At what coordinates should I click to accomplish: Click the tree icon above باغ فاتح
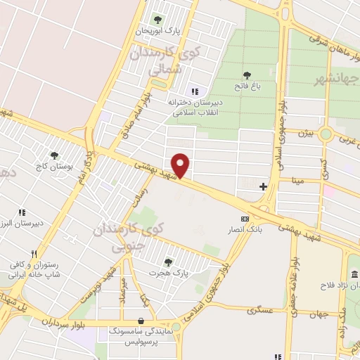[247, 75]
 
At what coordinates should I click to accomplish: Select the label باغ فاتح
[247, 86]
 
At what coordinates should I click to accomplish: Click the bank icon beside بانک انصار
[245, 218]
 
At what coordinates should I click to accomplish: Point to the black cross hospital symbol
[263, 186]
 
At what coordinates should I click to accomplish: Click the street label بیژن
[302, 133]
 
